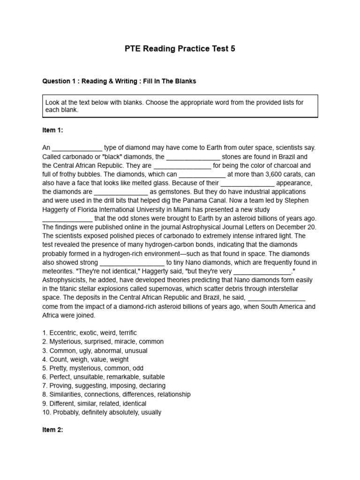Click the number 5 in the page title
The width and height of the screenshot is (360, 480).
[x=232, y=49]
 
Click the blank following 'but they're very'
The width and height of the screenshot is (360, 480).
[x=262, y=271]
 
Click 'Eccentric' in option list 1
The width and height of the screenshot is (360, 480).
[x=65, y=332]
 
